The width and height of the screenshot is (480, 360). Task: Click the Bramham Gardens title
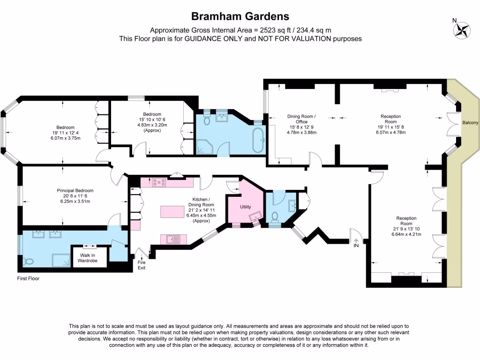coord(240,17)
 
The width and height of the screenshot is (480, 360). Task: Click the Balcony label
coord(470,123)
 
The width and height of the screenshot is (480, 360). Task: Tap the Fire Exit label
coord(142,265)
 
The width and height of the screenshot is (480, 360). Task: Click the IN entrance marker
coord(356,245)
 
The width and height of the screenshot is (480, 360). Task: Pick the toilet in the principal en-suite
coord(29,261)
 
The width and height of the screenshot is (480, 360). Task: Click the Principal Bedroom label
coord(75,191)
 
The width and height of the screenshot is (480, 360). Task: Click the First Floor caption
coord(26,278)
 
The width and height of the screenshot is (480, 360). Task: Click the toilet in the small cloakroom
coord(276,217)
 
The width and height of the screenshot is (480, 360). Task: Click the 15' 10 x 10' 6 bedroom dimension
coord(152,120)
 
